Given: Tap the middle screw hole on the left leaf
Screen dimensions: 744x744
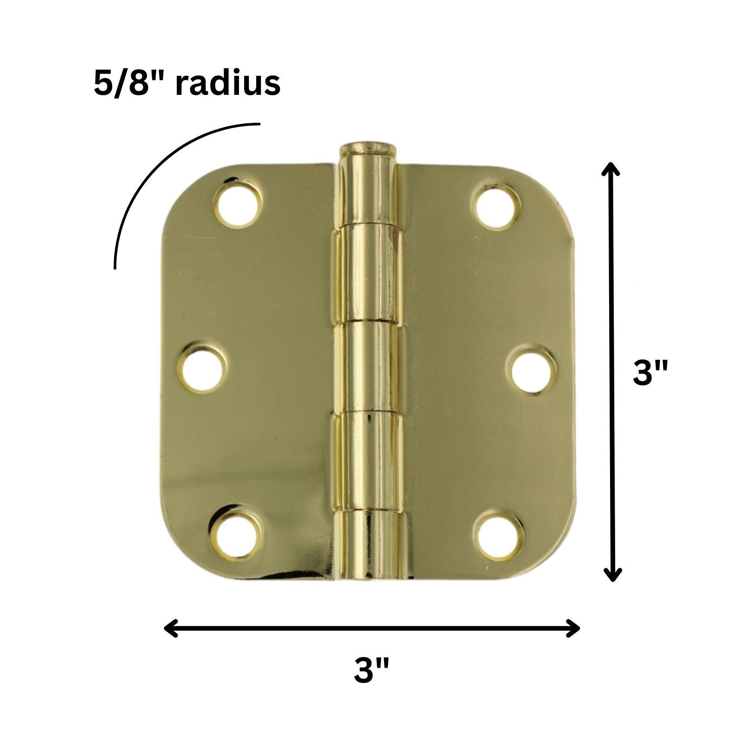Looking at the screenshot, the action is [x=204, y=372].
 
